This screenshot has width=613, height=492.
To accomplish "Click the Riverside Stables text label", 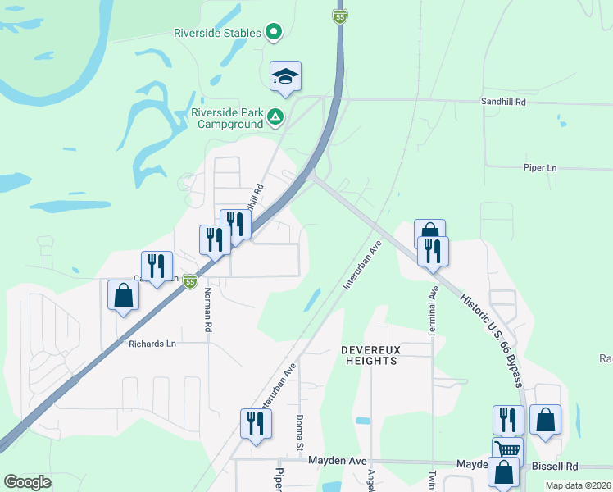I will tap(217, 34).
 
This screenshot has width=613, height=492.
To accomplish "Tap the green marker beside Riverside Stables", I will tap(275, 34).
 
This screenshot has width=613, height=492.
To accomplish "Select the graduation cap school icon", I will tap(286, 77).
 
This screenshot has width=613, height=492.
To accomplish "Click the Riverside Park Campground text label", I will tap(228, 119).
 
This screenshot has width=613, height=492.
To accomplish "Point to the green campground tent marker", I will tap(276, 118).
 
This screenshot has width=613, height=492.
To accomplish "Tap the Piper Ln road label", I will tap(539, 167).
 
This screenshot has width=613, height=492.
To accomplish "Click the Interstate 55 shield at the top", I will tap(340, 16).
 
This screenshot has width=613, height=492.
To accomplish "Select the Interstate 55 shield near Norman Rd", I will tap(190, 282).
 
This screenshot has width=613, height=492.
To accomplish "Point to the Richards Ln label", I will tap(152, 344).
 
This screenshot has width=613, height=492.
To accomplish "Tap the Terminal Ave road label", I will tap(432, 312).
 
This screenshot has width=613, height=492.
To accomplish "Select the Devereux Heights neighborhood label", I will tap(371, 355).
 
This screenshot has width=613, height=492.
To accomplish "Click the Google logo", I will tap(27, 482).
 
